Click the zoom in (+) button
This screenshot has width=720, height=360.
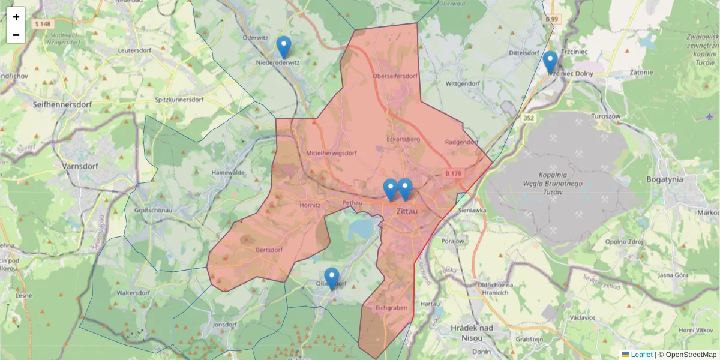coord(16,16)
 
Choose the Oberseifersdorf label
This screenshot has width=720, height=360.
coord(394,76)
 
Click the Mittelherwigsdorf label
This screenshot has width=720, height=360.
coord(331,153)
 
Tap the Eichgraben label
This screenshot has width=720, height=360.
coord(391,308)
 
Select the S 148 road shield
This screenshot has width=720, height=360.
coord(44,24)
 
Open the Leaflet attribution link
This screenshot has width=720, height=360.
coord(641,355)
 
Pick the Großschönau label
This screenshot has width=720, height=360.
coord(153,211)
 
